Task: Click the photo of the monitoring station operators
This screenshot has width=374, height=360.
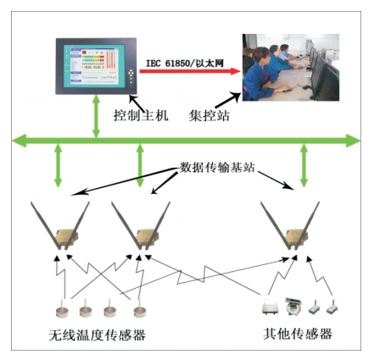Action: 293,67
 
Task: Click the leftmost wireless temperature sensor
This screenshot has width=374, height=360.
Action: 64,306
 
